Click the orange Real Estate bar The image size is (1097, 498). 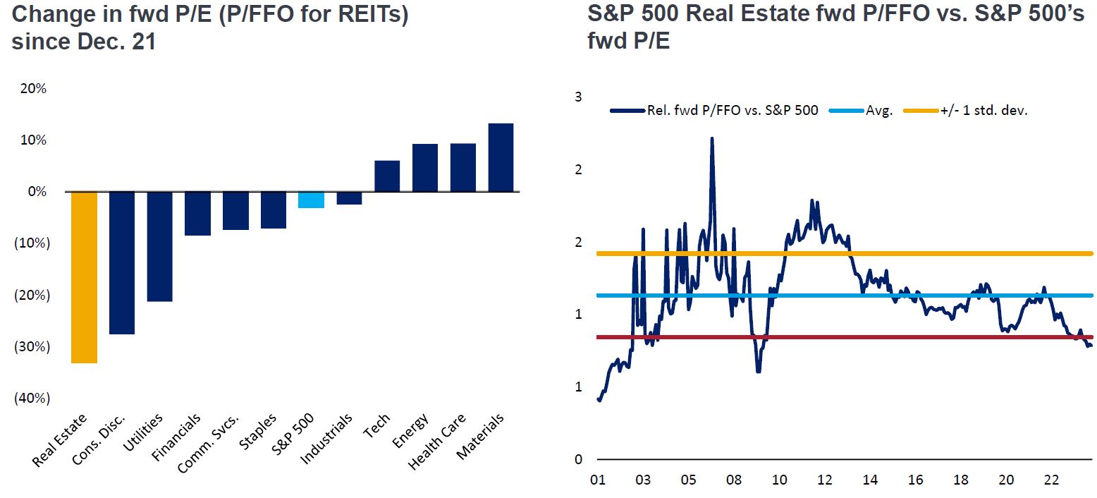(84, 277)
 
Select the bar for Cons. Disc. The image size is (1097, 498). (122, 262)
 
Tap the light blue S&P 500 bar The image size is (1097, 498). (311, 200)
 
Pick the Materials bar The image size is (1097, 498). (501, 157)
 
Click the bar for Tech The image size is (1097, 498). (387, 176)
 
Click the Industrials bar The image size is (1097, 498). (349, 198)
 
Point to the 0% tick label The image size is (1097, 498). (37, 192)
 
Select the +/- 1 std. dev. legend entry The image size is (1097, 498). (983, 111)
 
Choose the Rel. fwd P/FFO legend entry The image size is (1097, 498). (733, 111)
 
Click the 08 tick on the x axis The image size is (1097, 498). (733, 480)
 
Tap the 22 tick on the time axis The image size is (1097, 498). (1051, 480)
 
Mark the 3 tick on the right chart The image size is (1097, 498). (578, 97)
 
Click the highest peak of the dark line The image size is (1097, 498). (712, 138)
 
